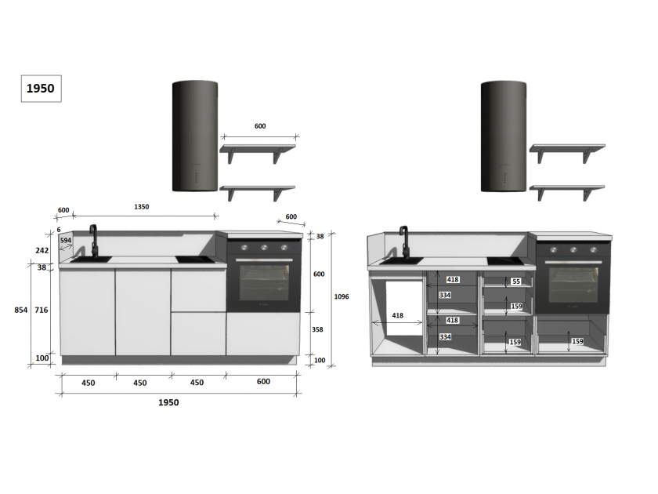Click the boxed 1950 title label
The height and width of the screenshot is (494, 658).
(x=41, y=88)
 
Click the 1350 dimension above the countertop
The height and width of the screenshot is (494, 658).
(x=142, y=207)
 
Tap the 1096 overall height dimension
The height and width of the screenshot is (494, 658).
(x=342, y=296)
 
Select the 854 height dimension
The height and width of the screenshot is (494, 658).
(x=20, y=310)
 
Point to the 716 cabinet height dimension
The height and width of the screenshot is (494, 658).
(x=41, y=310)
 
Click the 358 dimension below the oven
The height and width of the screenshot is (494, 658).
(x=317, y=330)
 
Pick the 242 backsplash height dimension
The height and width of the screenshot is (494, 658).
(x=42, y=250)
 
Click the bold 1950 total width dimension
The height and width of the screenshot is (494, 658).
(x=168, y=402)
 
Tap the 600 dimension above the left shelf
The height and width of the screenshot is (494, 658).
(x=260, y=126)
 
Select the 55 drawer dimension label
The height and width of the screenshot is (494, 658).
(x=516, y=282)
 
